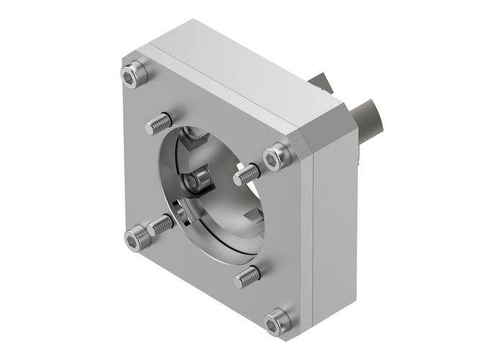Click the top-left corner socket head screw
[131, 74]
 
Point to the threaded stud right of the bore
[246, 174]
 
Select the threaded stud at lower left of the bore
[160, 225]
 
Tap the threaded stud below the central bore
[249, 272]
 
